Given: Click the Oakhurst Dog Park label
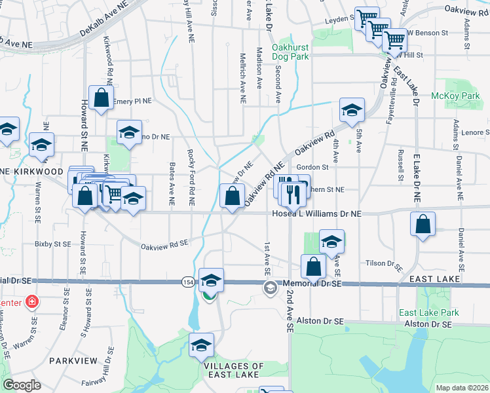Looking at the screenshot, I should [x=290, y=51].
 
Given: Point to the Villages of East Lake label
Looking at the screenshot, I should [x=234, y=371].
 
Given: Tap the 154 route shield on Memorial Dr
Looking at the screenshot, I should [x=188, y=282].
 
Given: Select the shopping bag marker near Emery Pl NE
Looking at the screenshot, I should [x=101, y=99].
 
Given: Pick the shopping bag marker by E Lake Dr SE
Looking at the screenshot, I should [x=423, y=224].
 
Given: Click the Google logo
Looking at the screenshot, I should [x=22, y=385].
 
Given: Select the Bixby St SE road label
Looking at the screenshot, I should [x=53, y=244].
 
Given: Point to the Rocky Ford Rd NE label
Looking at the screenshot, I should [x=192, y=171].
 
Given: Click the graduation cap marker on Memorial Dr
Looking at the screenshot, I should [x=211, y=280].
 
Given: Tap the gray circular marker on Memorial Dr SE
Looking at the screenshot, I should [x=270, y=287].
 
